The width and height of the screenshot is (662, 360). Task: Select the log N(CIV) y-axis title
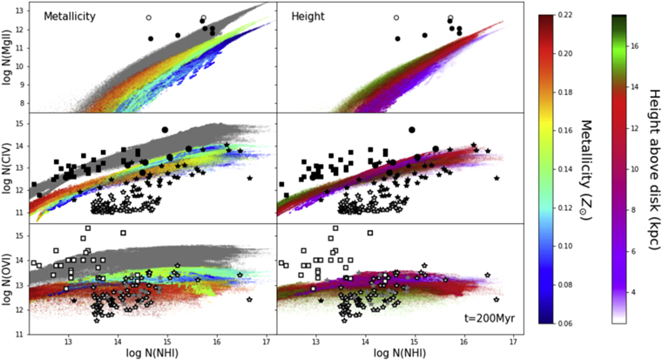pos(8,168)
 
